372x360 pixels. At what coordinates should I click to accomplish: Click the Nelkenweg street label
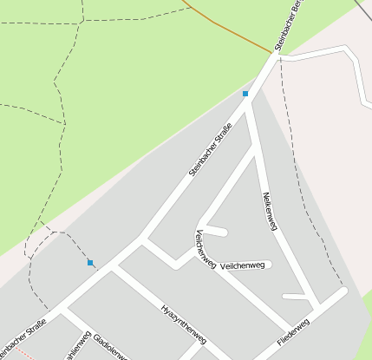[x=268, y=211]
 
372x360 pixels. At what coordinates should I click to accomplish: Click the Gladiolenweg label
[x=110, y=344]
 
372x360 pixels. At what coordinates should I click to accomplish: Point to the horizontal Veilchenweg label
[x=243, y=265]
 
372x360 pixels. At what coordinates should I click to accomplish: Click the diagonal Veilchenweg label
[x=206, y=250]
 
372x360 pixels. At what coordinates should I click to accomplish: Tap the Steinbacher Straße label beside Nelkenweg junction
[x=216, y=149]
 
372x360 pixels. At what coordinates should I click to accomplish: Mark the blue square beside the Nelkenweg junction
[x=245, y=94]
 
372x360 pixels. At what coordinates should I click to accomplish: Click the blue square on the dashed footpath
[x=90, y=262]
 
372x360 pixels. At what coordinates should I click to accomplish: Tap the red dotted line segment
[x=28, y=355]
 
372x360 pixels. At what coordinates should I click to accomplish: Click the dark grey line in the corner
[x=363, y=8]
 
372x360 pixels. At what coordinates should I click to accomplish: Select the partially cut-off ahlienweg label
[x=76, y=346]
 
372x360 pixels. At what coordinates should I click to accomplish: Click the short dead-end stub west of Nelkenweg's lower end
[x=295, y=297]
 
